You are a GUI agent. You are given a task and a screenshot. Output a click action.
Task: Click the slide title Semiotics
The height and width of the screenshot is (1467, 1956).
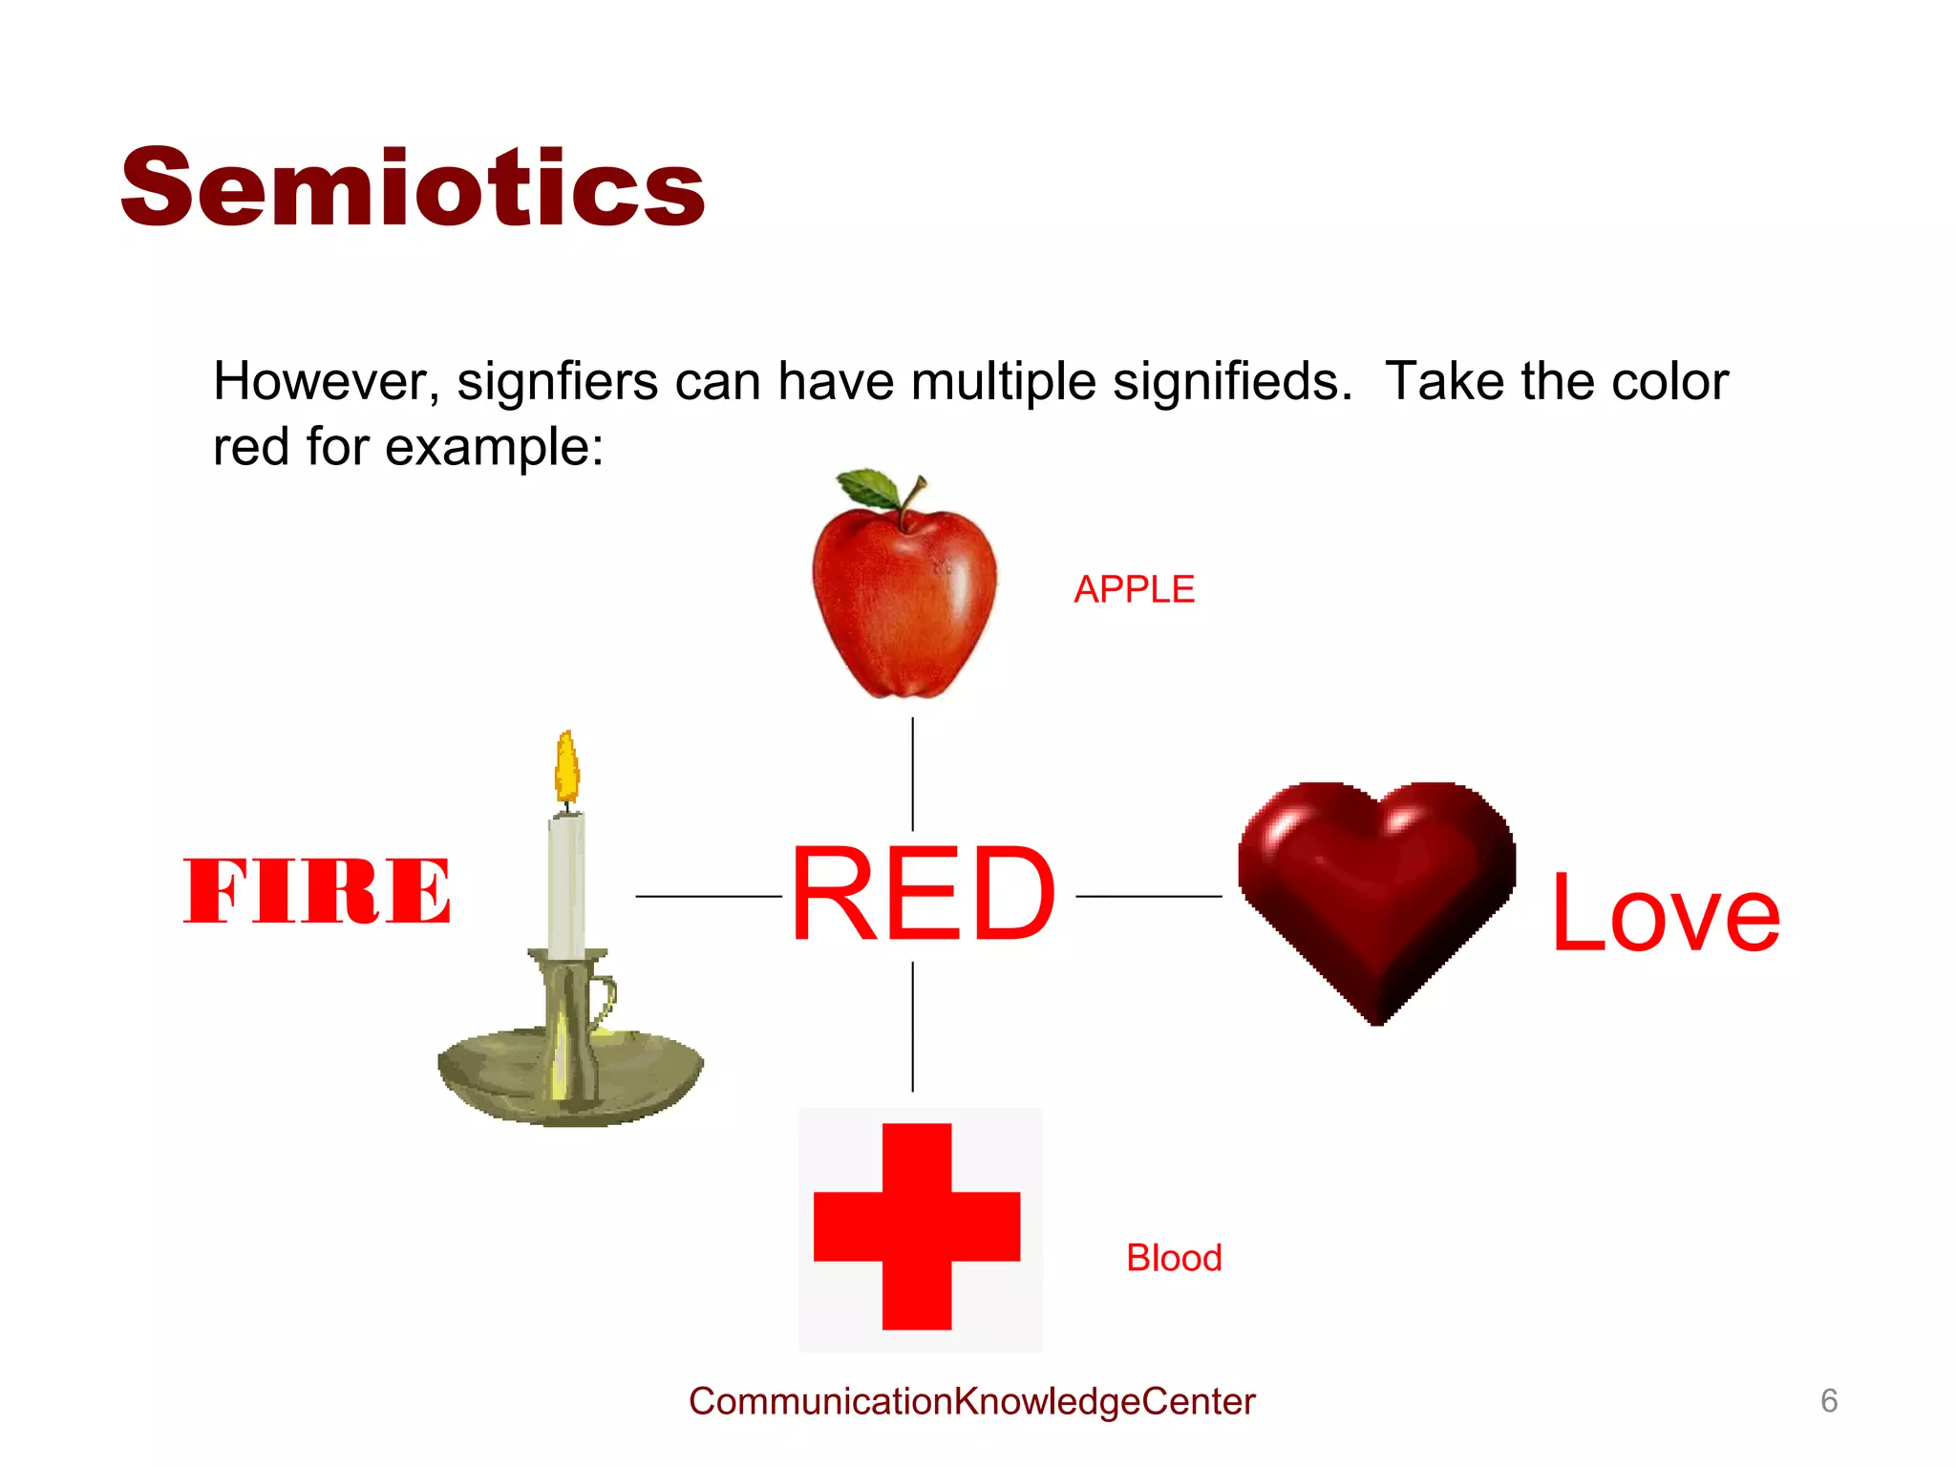tap(413, 188)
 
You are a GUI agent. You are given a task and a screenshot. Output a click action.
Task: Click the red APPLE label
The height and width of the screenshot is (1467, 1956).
tap(1134, 589)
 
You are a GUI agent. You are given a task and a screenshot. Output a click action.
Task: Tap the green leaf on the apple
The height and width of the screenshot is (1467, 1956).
tap(869, 487)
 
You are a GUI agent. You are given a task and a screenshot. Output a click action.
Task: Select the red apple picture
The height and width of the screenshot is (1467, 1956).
tap(904, 602)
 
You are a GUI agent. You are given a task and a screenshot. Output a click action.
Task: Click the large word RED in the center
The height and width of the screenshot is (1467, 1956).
tap(923, 895)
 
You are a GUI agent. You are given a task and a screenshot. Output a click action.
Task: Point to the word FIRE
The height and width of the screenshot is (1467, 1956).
tap(317, 891)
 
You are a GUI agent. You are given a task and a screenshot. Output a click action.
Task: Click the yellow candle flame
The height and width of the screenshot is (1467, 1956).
tap(567, 766)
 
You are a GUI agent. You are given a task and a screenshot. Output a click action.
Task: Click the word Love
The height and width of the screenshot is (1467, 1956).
tap(1665, 914)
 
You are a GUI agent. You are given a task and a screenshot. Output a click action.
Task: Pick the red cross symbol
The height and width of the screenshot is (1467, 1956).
tap(917, 1226)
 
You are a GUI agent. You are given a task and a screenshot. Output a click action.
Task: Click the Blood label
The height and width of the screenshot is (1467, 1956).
tap(1174, 1258)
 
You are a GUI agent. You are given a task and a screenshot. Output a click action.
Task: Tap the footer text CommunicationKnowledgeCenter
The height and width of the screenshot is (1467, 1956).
tap(971, 1401)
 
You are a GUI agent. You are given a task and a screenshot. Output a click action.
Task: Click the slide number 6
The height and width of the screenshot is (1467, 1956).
tap(1829, 1401)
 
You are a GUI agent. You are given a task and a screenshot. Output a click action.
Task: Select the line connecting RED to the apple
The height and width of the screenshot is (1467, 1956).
tap(913, 774)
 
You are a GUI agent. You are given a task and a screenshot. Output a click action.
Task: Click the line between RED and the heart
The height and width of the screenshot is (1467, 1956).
tap(1148, 896)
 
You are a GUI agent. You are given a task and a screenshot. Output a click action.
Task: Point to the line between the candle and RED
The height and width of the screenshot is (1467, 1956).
tap(708, 896)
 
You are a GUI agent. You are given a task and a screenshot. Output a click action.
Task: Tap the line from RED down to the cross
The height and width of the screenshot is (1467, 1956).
tap(913, 1027)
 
